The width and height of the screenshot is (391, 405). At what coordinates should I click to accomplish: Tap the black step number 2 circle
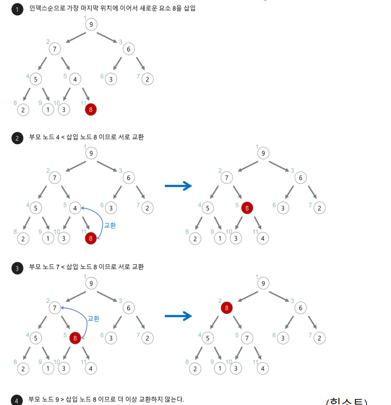[x=17, y=138]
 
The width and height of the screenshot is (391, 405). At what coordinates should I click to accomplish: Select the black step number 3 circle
[x=17, y=268]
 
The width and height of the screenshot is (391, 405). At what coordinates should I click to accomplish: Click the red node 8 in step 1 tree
[x=91, y=110]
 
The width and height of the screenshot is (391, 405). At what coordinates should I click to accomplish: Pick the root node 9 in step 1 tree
[x=91, y=25]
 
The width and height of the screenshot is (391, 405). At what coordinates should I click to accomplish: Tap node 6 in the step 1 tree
[x=128, y=49]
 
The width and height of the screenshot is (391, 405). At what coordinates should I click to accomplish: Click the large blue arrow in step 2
[x=178, y=186]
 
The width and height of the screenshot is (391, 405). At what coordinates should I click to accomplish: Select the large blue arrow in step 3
[x=178, y=316]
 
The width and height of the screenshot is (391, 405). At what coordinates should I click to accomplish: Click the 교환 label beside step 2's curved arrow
[x=110, y=225]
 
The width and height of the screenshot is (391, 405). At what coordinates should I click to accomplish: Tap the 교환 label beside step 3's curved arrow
[x=94, y=318]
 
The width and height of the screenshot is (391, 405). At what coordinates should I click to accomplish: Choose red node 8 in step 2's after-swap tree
[x=247, y=208]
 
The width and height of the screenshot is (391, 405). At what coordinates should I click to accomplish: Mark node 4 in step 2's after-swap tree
[x=263, y=238]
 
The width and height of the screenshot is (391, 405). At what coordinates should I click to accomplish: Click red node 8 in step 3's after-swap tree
[x=226, y=308]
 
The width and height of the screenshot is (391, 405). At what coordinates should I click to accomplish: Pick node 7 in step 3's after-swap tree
[x=247, y=338]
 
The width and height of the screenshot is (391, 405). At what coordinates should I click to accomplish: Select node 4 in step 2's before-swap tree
[x=75, y=208]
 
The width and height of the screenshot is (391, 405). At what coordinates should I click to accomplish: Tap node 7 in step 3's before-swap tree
[x=54, y=308]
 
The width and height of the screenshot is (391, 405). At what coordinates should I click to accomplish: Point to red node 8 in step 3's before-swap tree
[x=75, y=338]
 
